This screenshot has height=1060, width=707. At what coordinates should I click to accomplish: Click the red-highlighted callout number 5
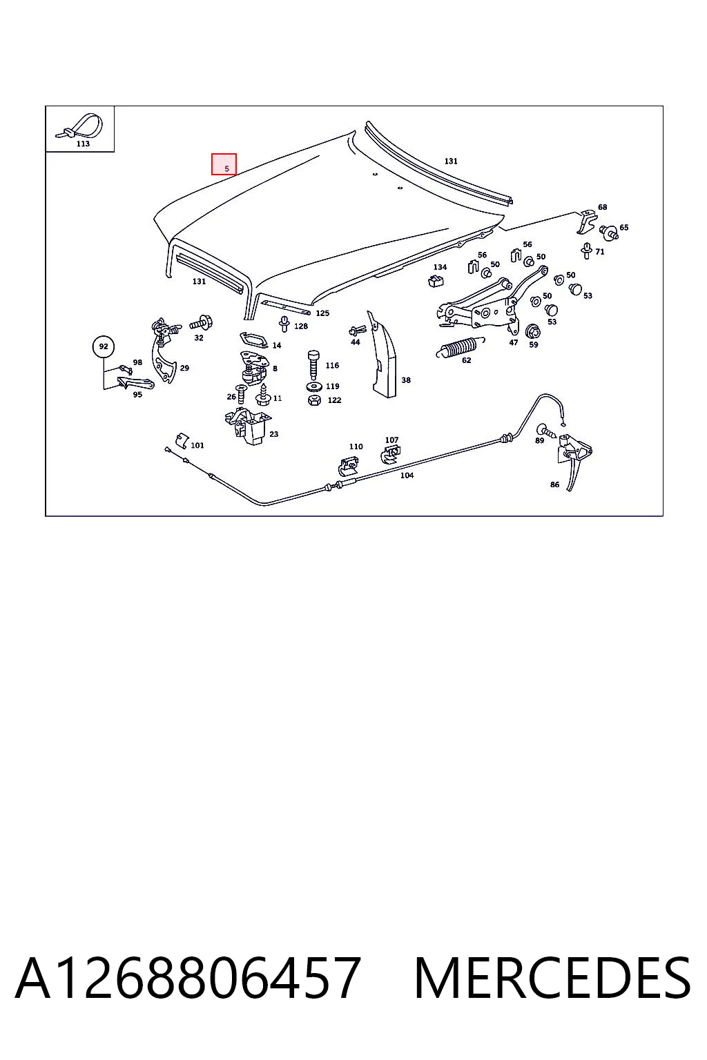coord(226,168)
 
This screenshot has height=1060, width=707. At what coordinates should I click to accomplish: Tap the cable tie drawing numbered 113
coord(79,126)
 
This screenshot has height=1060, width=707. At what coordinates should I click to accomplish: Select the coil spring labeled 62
coord(460,346)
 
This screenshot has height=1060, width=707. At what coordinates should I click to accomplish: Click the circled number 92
coord(104,346)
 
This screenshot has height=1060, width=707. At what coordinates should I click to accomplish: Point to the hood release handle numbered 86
coord(574,458)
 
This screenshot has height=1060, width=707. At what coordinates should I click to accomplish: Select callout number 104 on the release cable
coord(407,475)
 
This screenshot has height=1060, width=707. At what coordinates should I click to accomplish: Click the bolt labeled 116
coord(313,365)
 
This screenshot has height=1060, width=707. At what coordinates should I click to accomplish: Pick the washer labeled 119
coord(313,386)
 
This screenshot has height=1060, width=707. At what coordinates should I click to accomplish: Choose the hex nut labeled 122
coord(314,400)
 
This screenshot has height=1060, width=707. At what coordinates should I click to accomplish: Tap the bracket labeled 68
coord(586,222)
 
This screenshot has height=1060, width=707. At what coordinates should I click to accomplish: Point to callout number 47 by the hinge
coord(513,342)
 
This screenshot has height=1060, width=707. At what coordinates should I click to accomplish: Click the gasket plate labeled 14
coord(254,340)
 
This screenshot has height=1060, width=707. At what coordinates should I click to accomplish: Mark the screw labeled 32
coord(201,324)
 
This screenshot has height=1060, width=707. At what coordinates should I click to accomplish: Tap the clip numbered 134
coord(435,281)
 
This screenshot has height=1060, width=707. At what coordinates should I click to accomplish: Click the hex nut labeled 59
coord(533,331)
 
